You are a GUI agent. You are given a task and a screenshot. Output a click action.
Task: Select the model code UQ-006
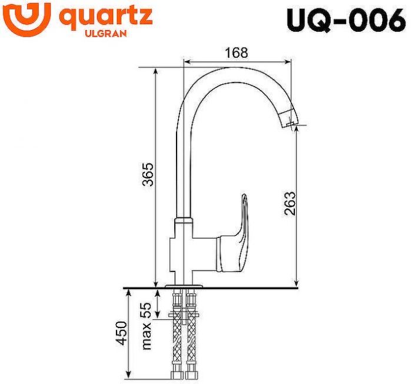click(346, 19)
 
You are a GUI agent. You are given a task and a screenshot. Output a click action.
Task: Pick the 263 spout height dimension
click(289, 203)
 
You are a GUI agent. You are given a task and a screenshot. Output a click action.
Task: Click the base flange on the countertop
click(184, 286)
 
